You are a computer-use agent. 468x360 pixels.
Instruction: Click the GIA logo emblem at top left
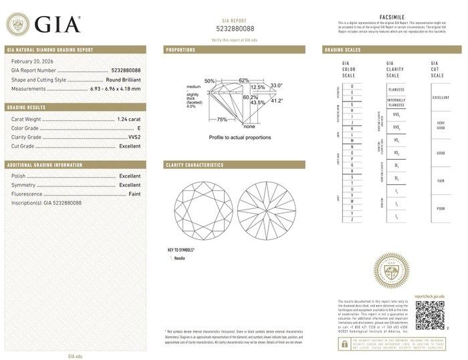click(x=19, y=25)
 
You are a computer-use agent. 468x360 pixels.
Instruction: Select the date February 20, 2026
click(x=32, y=61)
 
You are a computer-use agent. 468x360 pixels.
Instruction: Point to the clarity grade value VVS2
click(x=133, y=136)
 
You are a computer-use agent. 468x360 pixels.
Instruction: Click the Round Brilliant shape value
click(x=124, y=79)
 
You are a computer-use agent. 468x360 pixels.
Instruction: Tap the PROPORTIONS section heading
click(x=181, y=50)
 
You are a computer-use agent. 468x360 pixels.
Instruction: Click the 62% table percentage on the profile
click(x=243, y=80)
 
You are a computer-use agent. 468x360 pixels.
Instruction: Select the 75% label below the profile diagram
click(x=222, y=120)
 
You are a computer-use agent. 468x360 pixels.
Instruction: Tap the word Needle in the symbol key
click(x=180, y=257)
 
